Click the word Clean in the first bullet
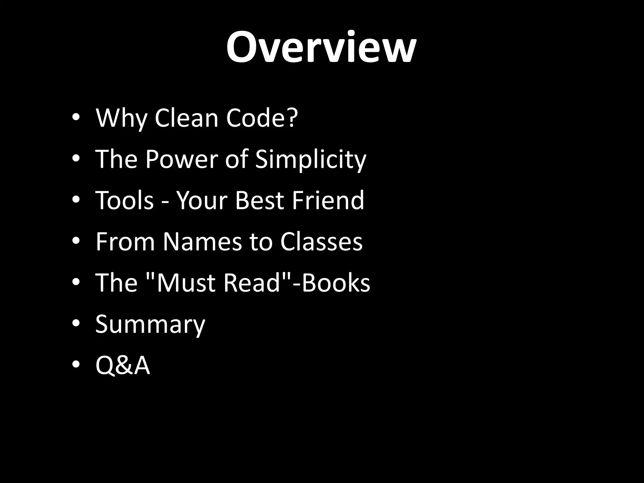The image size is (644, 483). [186, 118]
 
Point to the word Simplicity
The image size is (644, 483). [310, 160]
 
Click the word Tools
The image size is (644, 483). [125, 200]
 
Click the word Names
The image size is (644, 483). [203, 241]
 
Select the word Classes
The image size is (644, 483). [321, 241]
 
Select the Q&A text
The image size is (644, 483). [123, 365]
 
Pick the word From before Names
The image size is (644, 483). [125, 241]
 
